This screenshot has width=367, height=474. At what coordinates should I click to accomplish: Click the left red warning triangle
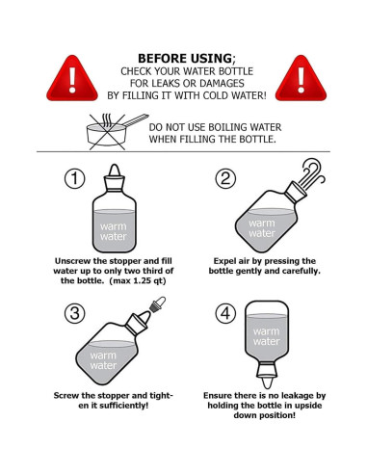[x=72, y=80]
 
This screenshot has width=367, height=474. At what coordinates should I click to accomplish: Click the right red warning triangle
[x=301, y=80]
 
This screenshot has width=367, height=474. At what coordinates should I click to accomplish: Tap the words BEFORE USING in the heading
[x=185, y=59]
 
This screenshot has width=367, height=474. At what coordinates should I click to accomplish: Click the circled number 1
[x=75, y=178]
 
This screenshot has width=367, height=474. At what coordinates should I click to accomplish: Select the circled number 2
[x=225, y=178]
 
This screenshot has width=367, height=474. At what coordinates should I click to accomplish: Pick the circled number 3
[x=75, y=313]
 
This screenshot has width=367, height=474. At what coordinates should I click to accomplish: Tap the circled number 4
[x=225, y=313]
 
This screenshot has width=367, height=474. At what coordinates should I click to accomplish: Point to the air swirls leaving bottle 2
[x=312, y=173]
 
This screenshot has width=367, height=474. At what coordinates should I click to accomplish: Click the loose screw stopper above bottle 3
[x=157, y=303]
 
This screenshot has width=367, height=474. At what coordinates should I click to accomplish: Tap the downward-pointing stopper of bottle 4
[x=267, y=375]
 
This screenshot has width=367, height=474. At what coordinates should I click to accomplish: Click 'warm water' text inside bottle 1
[x=114, y=231]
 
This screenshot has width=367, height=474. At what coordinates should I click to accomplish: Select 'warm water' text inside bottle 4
[x=266, y=336]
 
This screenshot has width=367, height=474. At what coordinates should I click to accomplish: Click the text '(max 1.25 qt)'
[x=138, y=281]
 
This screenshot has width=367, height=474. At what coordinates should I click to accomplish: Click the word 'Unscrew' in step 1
[x=72, y=261]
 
